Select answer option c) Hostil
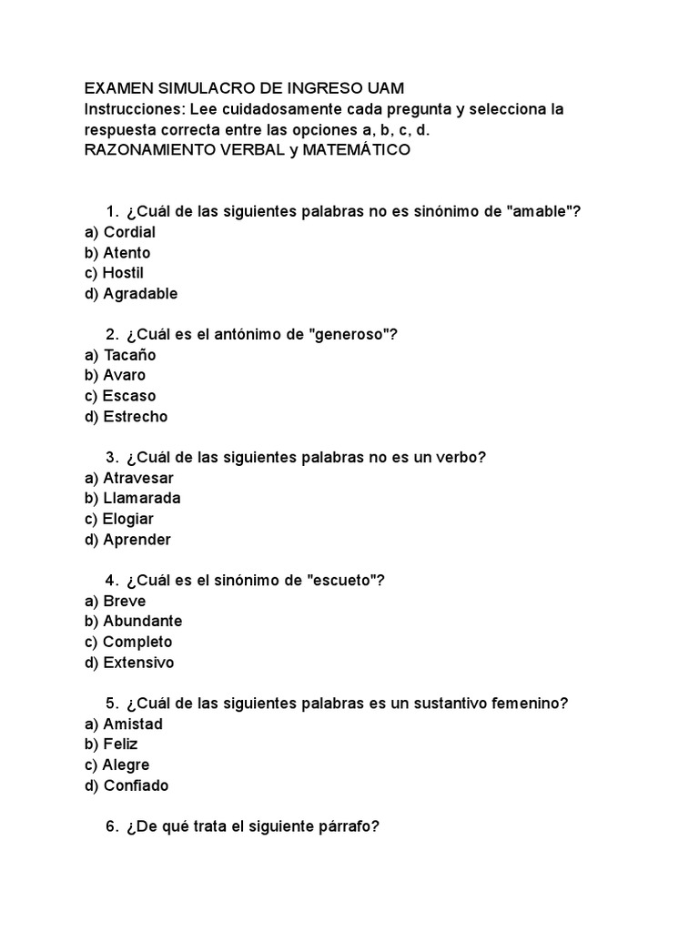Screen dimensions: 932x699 pyautogui.click(x=114, y=273)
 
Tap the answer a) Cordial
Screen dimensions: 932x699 pyautogui.click(x=119, y=232)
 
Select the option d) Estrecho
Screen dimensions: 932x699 pyautogui.click(x=126, y=417)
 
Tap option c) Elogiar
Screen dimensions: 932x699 pyautogui.click(x=118, y=519)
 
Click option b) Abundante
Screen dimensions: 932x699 pyautogui.click(x=133, y=621)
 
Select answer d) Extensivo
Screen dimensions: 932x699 pyautogui.click(x=129, y=663)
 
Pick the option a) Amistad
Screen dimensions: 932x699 pyautogui.click(x=124, y=724)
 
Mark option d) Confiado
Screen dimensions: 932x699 pyautogui.click(x=126, y=785)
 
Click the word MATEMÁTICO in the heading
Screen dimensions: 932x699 pyautogui.click(x=358, y=150)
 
